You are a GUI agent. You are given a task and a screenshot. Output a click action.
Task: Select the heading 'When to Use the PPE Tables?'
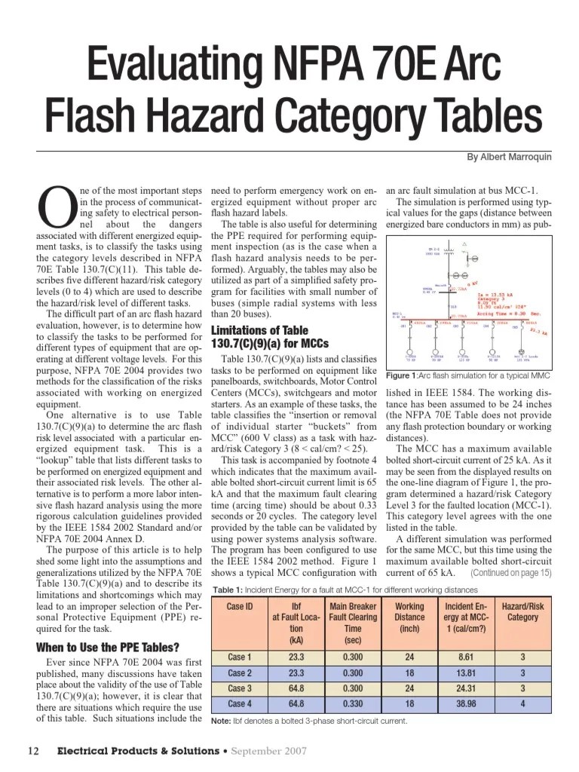(x=107, y=647)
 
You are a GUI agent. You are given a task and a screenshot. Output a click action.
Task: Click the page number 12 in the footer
(x=33, y=751)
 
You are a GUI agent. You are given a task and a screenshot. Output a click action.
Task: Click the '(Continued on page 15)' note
(x=510, y=573)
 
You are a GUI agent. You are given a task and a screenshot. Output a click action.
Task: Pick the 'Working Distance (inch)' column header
(x=409, y=617)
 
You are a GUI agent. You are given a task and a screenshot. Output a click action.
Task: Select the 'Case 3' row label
(x=239, y=688)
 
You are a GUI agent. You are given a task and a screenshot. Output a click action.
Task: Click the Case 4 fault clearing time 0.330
(x=352, y=703)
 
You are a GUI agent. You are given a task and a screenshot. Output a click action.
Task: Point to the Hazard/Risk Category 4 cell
(x=522, y=703)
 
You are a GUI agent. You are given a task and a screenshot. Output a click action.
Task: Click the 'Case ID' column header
(x=239, y=606)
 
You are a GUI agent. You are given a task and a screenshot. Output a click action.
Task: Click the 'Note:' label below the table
(x=220, y=721)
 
